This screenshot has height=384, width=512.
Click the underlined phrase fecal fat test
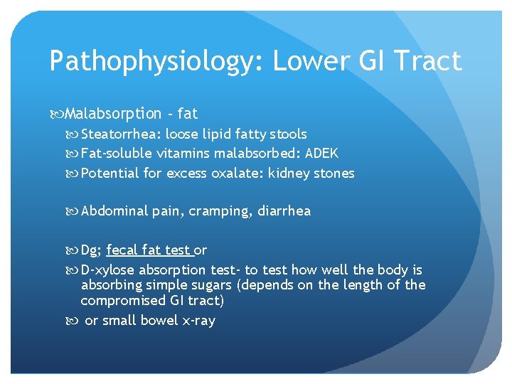tap(149, 250)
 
